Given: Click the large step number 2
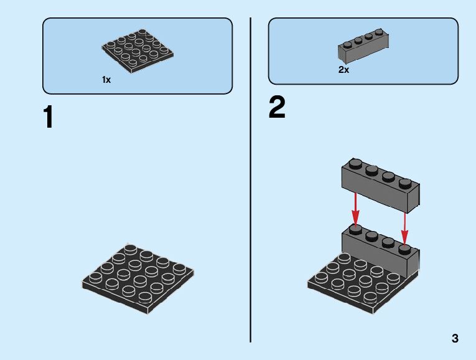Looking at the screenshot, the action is coord(277,108).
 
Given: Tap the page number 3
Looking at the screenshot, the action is coord(455,339).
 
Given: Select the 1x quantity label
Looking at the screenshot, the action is coord(106,80).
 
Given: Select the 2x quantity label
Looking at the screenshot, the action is coord(343,70).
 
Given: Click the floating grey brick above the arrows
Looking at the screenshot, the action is coord(380,184).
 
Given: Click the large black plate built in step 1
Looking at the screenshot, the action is coord(138,277).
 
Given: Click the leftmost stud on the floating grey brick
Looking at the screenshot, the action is coord(355,164).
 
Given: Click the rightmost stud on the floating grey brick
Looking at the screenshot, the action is coord(406,183).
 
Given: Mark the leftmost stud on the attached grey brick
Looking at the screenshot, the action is coord(355,229).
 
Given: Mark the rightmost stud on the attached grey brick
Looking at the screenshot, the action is coord(404,249).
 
